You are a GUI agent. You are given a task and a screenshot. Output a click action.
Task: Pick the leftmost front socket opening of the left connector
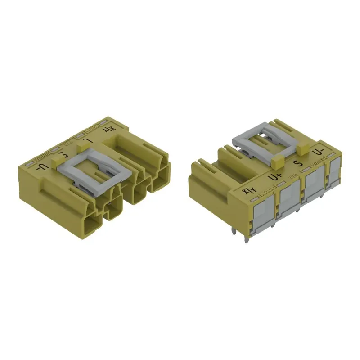click(93, 223)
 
